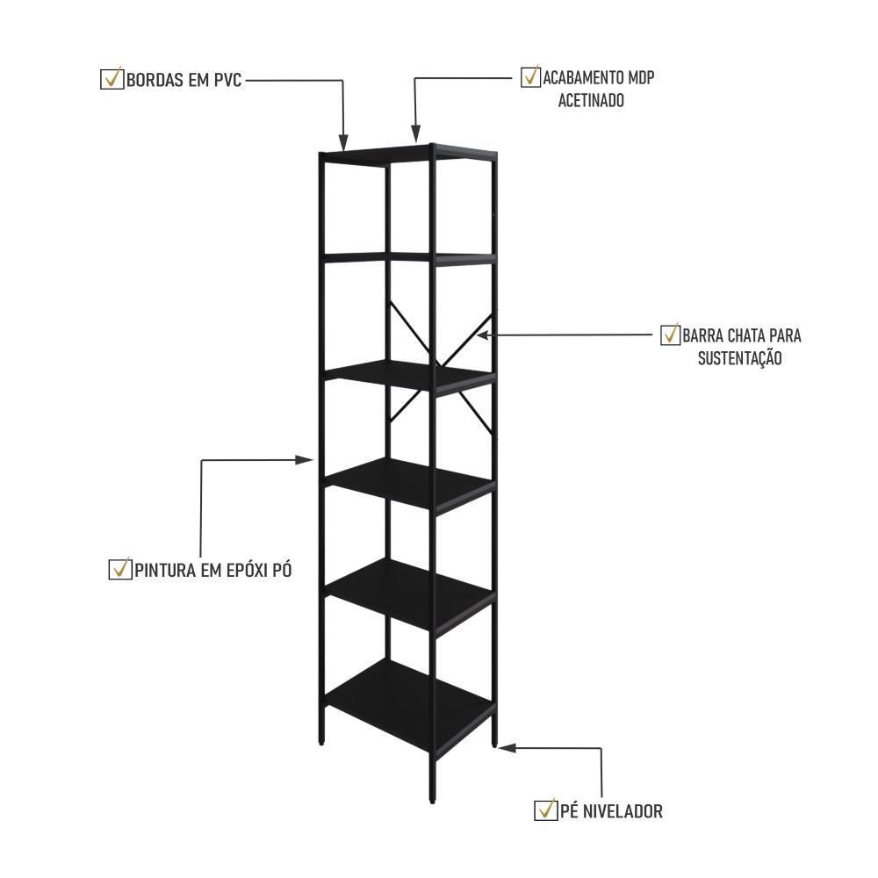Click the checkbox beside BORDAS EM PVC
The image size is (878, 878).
tap(112, 79)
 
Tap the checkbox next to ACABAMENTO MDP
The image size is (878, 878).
tap(530, 77)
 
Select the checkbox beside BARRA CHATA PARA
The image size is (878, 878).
tap(670, 335)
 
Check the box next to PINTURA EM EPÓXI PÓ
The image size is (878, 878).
tap(119, 569)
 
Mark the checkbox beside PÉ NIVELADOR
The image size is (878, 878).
tap(545, 810)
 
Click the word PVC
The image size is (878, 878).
tap(226, 80)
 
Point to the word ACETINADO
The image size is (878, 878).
tap(591, 101)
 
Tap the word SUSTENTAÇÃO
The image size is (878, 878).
tap(739, 358)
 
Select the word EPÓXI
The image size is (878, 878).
tap(241, 570)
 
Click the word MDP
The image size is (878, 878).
tap(639, 78)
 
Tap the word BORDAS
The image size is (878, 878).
tap(154, 80)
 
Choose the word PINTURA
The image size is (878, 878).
tap(164, 570)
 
